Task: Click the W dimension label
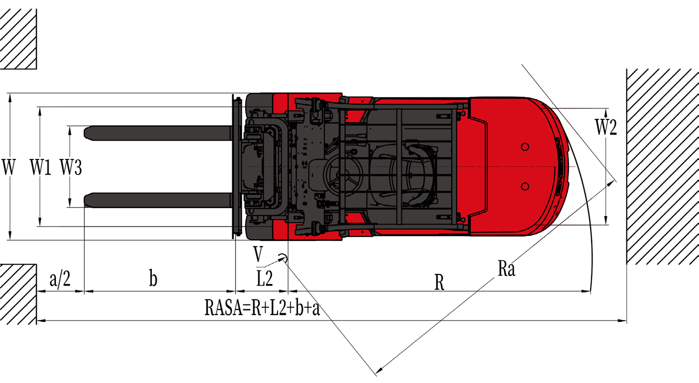coord(8,167)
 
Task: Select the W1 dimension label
coord(40,167)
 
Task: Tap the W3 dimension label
coord(71,167)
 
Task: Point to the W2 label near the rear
coord(606,127)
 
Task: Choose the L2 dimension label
coord(265,278)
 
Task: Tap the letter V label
coord(258,254)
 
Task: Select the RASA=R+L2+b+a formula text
coord(262,307)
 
